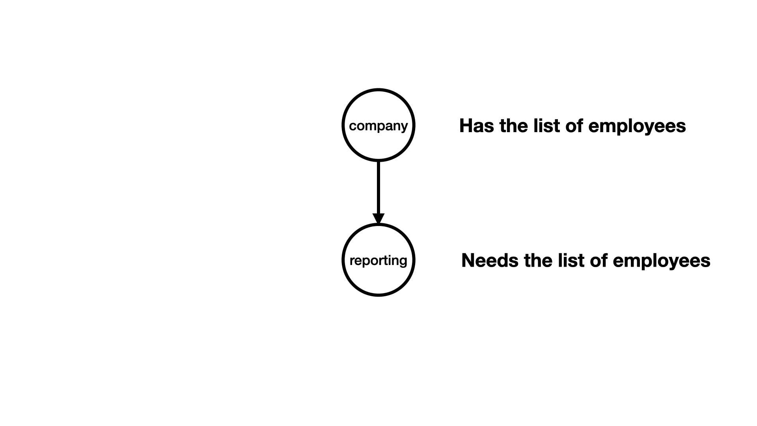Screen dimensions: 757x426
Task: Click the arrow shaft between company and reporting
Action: [378, 188]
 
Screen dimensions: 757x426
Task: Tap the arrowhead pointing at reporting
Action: [378, 219]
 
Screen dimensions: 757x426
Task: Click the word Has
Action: [476, 126]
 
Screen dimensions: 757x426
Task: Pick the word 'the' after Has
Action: [513, 126]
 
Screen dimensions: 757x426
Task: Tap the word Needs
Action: [490, 261]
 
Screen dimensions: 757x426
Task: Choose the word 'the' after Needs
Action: [538, 261]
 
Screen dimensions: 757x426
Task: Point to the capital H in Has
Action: [466, 126]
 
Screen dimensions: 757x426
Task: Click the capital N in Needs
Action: [468, 261]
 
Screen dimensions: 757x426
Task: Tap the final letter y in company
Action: [404, 128]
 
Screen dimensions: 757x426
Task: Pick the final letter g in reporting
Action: [403, 262]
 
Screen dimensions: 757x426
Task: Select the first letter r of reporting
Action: [352, 261]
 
